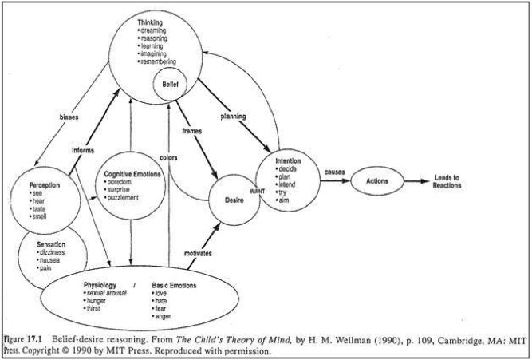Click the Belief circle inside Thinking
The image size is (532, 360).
click(x=171, y=82)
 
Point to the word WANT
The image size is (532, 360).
click(x=258, y=192)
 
